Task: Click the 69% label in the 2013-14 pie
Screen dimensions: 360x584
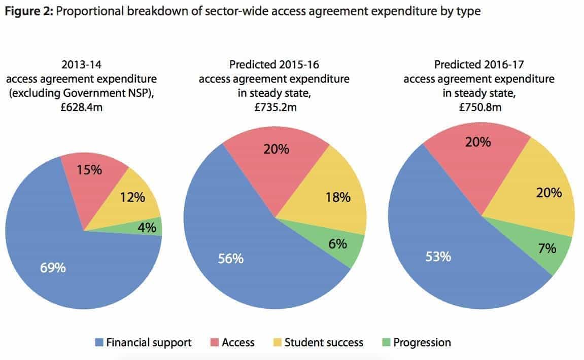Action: [53, 267]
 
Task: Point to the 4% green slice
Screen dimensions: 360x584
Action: [146, 228]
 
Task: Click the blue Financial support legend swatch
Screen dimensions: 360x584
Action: [98, 343]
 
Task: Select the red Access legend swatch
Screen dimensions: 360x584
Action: [214, 343]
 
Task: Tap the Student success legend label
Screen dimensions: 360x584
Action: [324, 343]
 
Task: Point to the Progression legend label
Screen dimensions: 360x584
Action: [422, 343]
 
